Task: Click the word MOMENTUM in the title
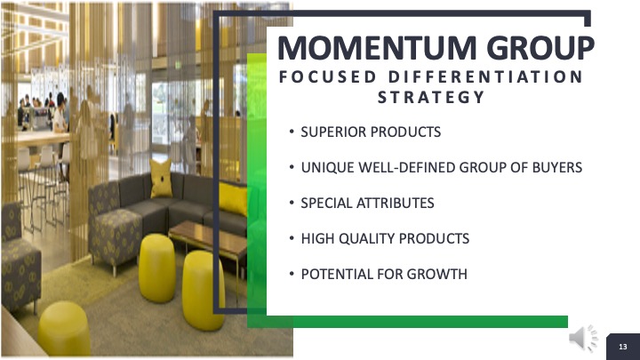(377, 48)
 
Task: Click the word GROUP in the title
(540, 48)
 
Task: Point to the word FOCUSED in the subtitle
(328, 76)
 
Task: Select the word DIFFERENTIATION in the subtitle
(485, 76)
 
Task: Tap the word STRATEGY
(431, 97)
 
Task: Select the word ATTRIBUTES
(395, 203)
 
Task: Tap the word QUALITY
(367, 238)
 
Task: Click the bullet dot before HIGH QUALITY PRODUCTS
(292, 237)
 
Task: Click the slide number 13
(623, 347)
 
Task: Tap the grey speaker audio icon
(583, 338)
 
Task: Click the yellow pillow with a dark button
(161, 179)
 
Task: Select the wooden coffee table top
(208, 236)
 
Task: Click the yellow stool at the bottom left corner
(64, 329)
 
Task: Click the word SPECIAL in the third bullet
(326, 203)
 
